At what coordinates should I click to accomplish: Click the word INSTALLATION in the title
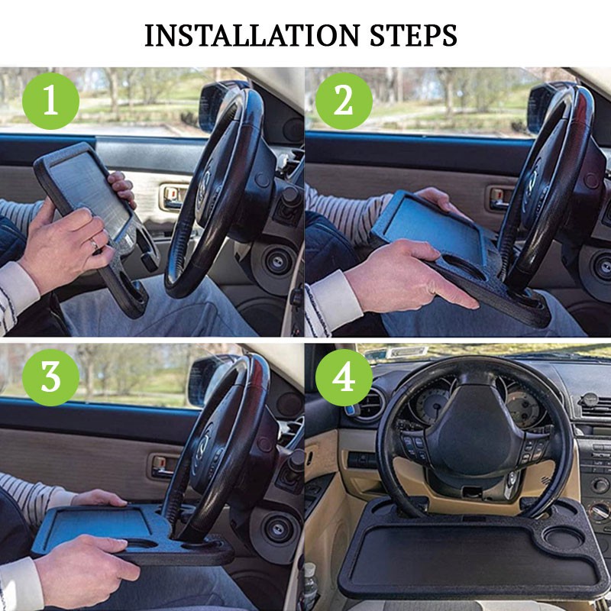pos(252,35)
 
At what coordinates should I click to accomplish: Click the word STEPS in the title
pos(413,35)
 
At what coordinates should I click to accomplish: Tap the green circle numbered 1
pos(50,101)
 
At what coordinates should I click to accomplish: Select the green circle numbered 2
pos(344,101)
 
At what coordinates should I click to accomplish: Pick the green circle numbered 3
pos(50,377)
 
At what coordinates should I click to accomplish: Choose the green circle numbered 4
pos(344,377)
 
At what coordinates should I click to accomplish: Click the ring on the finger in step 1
pos(94,244)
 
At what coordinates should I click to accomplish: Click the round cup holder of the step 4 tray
pos(564,538)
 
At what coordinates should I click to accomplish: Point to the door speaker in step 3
pos(275,530)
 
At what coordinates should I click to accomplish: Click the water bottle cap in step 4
pos(309,567)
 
